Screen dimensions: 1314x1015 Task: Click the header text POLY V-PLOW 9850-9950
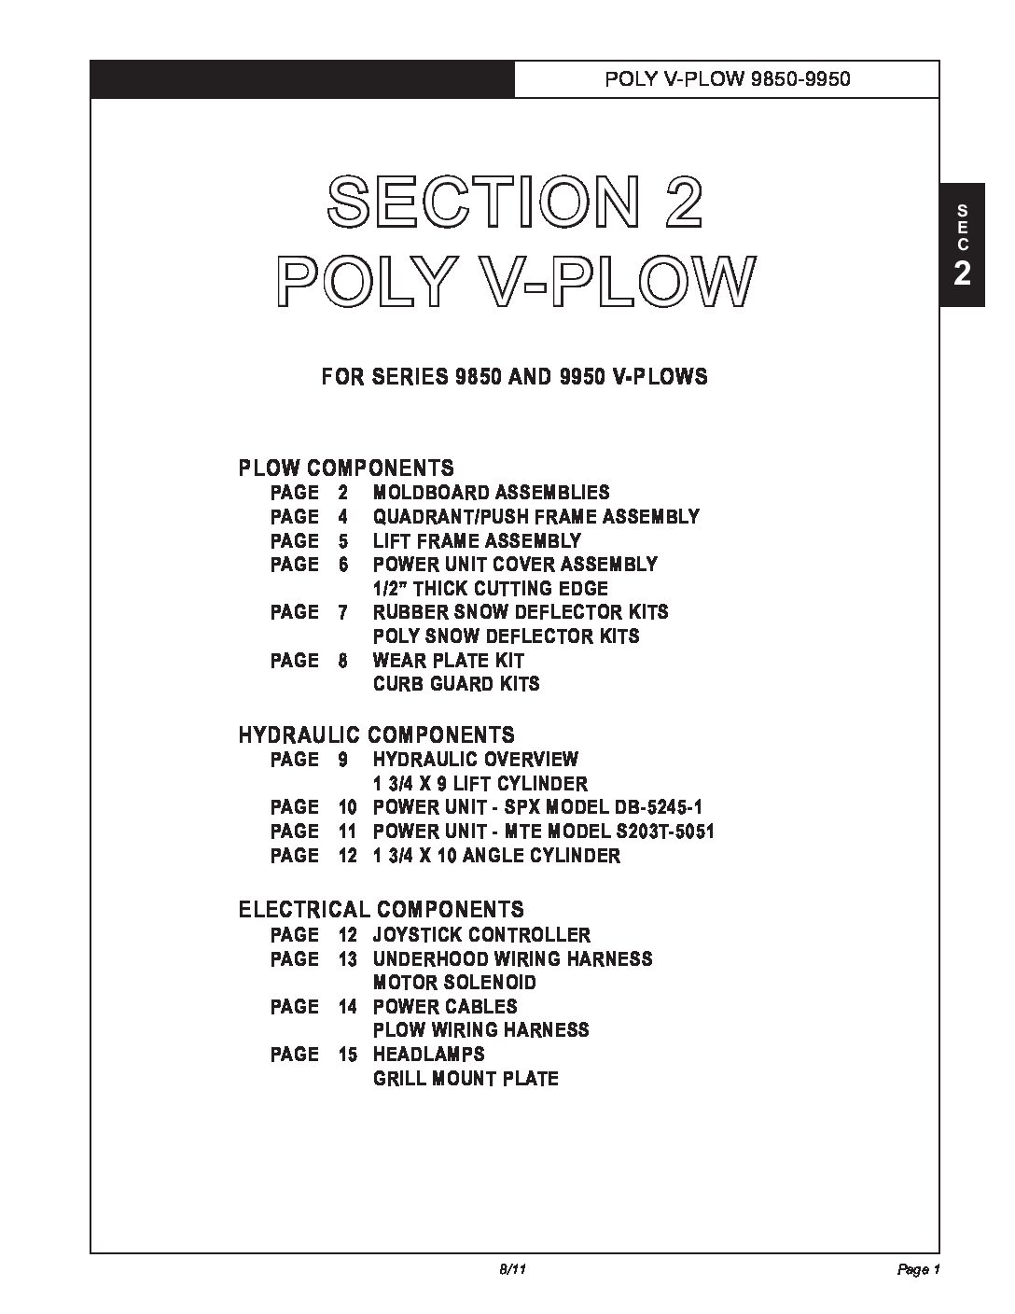click(727, 79)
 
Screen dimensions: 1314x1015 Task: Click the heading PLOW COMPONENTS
click(346, 468)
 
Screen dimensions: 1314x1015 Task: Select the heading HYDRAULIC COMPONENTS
click(376, 735)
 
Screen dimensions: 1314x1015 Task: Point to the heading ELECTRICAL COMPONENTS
click(381, 910)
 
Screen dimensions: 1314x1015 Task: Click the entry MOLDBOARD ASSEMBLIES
click(491, 493)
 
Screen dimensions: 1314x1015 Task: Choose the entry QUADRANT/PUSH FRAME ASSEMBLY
click(535, 517)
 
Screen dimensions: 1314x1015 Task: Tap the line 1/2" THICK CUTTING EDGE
click(490, 589)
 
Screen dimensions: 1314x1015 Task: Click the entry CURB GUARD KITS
click(455, 684)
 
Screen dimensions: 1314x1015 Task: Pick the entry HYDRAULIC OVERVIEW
click(475, 760)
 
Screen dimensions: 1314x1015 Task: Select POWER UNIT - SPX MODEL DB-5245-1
click(543, 807)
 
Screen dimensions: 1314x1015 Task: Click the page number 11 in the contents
click(347, 832)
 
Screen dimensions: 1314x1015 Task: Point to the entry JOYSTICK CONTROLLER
click(481, 935)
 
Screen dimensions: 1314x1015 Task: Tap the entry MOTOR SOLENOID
click(454, 983)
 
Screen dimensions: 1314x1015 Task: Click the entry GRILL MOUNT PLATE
click(466, 1079)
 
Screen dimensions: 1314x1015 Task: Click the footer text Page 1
click(918, 1270)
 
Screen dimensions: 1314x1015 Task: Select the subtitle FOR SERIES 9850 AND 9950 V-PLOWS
click(514, 377)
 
